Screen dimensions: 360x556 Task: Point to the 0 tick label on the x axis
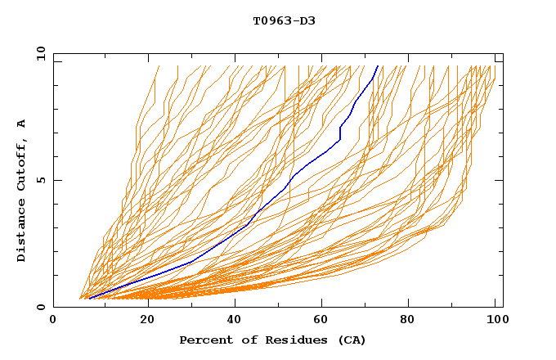pos(54,321)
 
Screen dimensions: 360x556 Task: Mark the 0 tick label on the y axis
pos(40,307)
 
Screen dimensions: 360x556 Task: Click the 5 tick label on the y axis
pos(40,180)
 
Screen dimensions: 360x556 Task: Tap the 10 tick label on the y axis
pos(40,54)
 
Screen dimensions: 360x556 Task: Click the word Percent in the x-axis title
pos(204,340)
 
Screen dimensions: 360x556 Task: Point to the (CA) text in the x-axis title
pos(352,340)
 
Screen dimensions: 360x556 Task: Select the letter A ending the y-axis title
pos(21,124)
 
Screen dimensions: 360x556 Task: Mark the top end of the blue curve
pos(378,66)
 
